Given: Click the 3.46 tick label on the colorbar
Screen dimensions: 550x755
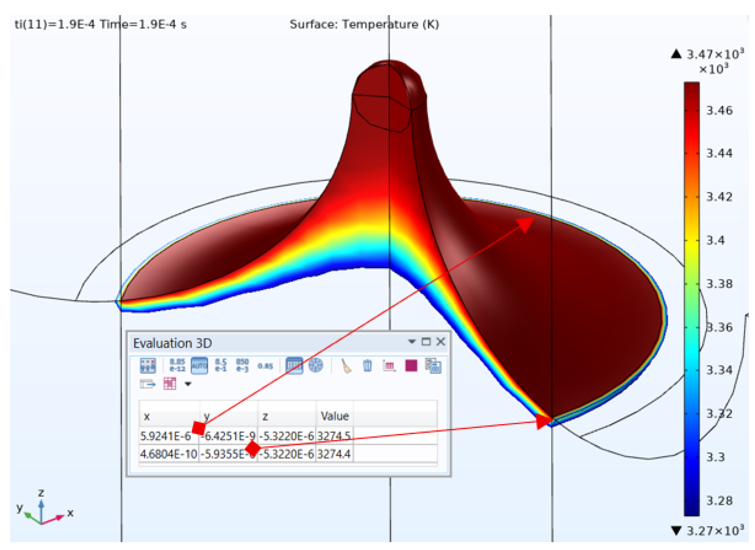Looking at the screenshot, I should point(719,111).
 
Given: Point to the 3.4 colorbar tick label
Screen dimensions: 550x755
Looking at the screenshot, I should point(715,240).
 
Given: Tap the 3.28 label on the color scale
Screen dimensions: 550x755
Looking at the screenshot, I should point(719,501).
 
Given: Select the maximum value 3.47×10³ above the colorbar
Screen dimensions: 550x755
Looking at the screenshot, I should point(715,55).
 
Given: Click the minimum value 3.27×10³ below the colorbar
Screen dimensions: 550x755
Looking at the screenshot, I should point(715,531).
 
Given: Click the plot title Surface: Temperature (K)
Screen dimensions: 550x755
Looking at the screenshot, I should point(364,25).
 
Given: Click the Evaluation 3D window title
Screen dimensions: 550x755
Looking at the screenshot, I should point(172,343).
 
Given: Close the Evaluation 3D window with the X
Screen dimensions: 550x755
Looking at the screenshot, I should point(441,342).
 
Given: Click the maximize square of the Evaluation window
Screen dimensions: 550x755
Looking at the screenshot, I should point(426,342).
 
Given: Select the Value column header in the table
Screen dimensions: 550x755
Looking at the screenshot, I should point(335,416).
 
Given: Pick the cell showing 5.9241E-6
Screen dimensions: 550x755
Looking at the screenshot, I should point(165,436).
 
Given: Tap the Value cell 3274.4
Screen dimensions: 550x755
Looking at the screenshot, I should point(334,454).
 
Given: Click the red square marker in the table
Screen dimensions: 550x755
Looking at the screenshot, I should point(199,428).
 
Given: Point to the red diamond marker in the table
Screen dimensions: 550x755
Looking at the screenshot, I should point(253,449).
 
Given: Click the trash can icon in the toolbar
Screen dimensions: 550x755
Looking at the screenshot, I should point(367,366).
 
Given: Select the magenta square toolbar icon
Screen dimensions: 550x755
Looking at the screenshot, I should point(411,366).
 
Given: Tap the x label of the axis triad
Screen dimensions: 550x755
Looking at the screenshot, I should point(70,513).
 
